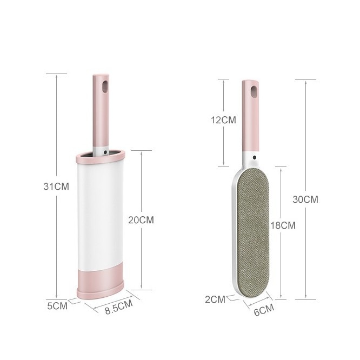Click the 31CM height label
click(56, 186)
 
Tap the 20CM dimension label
click(141, 220)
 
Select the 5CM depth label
click(57, 306)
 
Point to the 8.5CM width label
click(119, 306)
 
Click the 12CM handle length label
click(223, 120)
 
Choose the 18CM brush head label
click(283, 225)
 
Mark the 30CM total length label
click(305, 199)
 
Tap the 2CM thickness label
click(215, 299)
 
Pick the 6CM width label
click(264, 310)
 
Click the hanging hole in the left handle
click(105, 86)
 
